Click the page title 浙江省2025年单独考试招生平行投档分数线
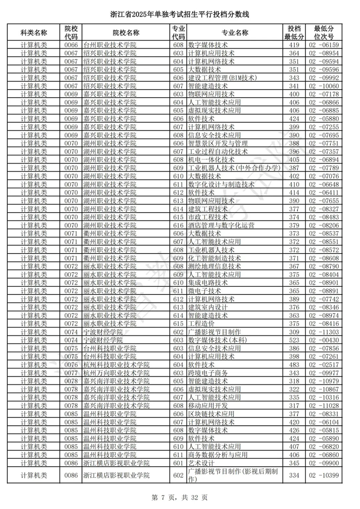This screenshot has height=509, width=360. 180,15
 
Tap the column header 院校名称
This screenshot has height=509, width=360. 126,32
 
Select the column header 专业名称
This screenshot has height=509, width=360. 234,32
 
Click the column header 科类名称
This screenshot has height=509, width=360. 34,32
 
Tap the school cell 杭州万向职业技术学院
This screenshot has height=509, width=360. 117,373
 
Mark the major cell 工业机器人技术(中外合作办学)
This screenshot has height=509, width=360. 234,168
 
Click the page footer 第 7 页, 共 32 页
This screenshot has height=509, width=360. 180,497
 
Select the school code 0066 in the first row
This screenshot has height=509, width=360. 71,45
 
